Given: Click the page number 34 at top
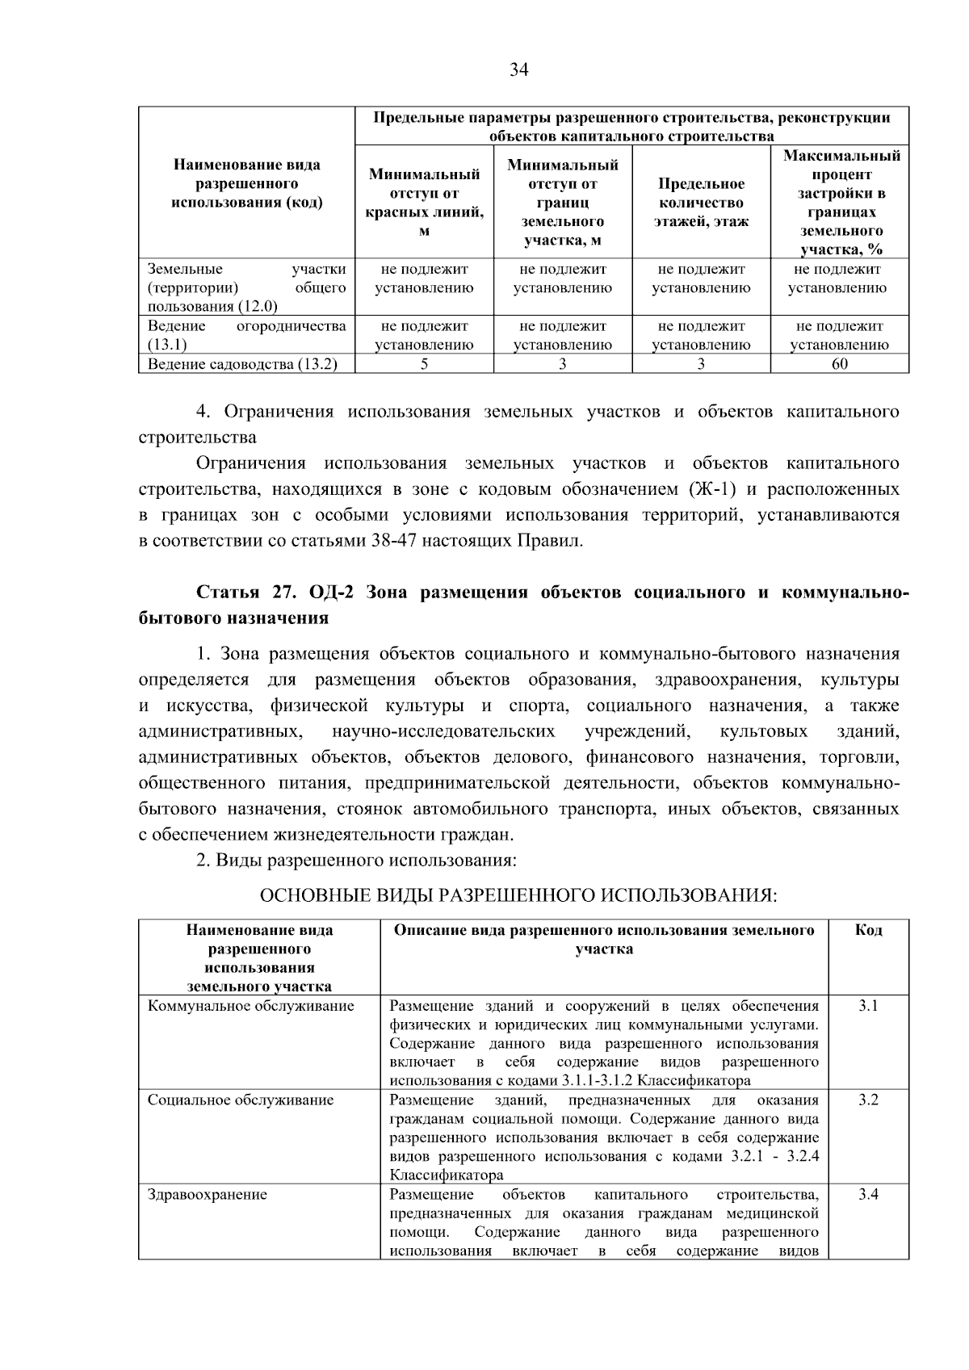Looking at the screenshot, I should point(518,70).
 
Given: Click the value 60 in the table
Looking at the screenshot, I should point(839,364).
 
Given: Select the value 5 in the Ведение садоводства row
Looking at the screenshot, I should point(424,364).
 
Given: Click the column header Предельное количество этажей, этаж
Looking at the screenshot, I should point(700,203).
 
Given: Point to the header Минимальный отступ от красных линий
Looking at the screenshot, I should point(424,203).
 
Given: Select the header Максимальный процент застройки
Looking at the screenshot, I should point(841,203).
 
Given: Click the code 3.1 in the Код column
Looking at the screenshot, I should point(868,1006).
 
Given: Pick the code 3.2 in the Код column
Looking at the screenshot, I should point(868,1100).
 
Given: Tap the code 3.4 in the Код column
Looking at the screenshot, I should point(868,1195).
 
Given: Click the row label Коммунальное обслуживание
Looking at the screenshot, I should point(250,1006).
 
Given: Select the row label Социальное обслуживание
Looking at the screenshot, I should point(241,1100).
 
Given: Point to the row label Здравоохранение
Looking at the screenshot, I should point(207,1195).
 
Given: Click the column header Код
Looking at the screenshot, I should point(868,931).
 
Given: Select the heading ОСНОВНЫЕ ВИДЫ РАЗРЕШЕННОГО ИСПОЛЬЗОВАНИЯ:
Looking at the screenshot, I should point(518,895).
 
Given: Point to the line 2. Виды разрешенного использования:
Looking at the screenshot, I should point(356,860).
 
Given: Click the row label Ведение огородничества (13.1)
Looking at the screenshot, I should point(246,335).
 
